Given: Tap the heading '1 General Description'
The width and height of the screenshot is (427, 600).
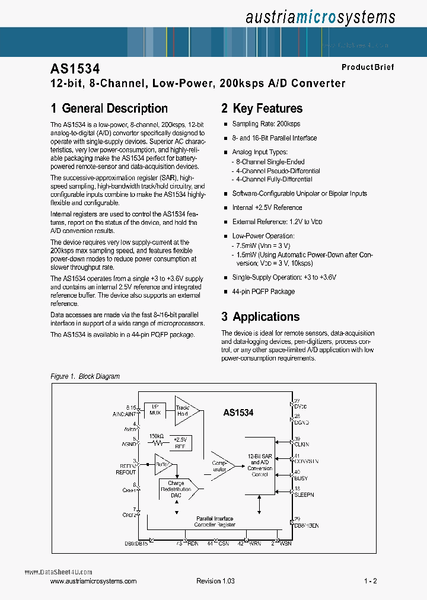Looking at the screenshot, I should coord(109,108).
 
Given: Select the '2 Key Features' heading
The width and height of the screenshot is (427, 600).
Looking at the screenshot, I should coord(262,108).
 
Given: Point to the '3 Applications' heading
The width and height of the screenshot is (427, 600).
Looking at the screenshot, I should coord(260,317).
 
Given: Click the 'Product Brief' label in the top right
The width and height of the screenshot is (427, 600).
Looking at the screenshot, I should coord(367,67).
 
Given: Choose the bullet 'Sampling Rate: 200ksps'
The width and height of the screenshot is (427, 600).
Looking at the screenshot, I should coord(266,124).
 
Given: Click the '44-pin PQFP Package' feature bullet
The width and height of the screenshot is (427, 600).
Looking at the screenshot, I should coord(263,292).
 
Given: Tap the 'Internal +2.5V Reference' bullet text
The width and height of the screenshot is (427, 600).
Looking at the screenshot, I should coord(267,208).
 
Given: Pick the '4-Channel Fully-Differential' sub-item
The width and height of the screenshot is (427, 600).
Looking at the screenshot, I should coord(274,179).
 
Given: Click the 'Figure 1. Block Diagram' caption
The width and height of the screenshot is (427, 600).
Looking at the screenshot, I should coord(85,376).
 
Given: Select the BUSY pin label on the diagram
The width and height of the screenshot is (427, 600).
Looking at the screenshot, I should coord(301,478).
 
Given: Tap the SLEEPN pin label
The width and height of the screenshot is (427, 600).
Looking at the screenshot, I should coord(304,494).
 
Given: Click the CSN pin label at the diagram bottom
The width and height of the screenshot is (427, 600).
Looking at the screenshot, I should coord(223,542).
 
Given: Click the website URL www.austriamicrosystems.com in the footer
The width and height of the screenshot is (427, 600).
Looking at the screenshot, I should coord(94,581).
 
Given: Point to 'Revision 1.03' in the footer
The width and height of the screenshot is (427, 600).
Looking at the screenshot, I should coord(215,581).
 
